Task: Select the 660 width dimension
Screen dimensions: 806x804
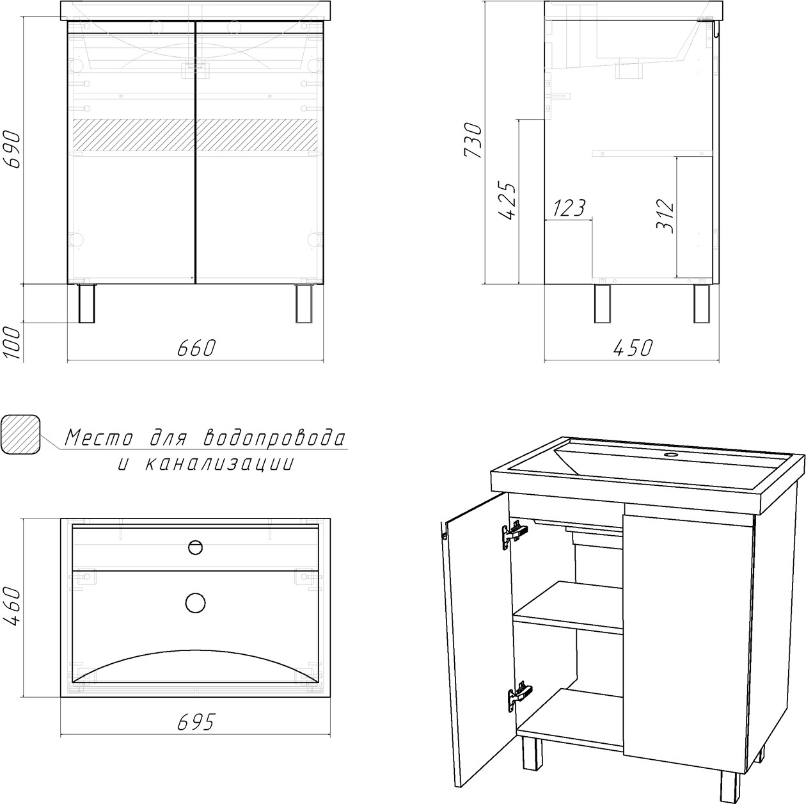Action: point(196,348)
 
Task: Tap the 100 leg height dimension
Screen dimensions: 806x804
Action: point(13,343)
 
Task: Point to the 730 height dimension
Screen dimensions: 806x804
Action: point(473,140)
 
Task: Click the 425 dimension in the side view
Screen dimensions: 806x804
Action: point(508,201)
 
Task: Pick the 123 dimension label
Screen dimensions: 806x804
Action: point(569,208)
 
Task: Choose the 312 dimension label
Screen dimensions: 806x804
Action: point(665,216)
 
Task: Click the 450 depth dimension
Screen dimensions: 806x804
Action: point(633,348)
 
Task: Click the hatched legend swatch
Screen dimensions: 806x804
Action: point(20,434)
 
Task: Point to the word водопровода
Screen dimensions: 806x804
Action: point(275,438)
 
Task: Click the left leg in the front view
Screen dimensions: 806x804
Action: point(87,303)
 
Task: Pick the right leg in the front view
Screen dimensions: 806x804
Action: point(304,303)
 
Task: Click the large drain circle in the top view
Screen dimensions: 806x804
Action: point(195,604)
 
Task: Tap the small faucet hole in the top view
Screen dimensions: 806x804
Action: point(195,547)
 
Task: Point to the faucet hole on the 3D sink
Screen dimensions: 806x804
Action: point(670,454)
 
